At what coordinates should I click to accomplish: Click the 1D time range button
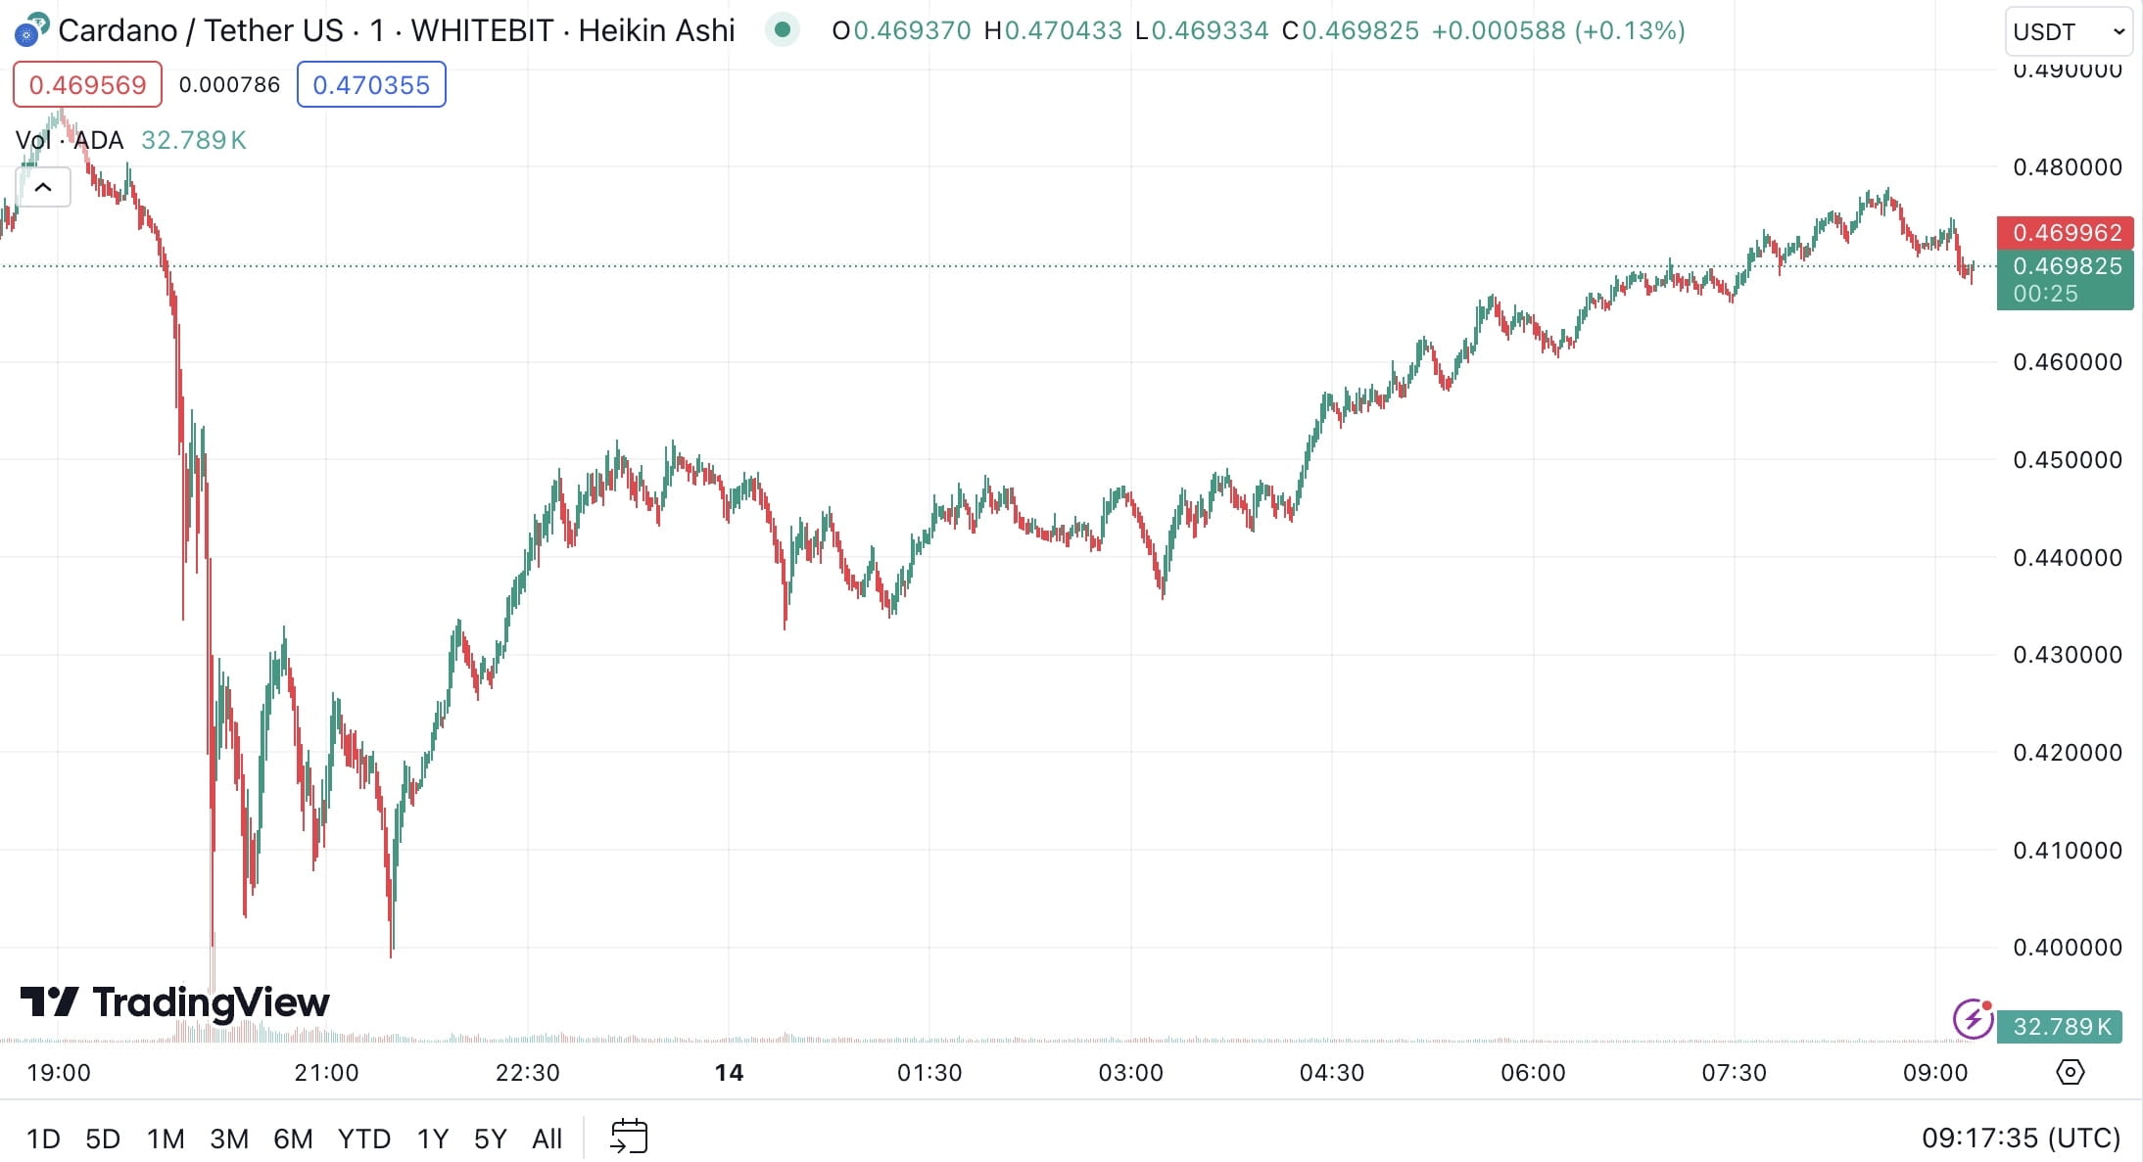point(43,1139)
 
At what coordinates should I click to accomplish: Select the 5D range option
point(103,1139)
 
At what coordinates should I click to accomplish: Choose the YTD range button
point(363,1139)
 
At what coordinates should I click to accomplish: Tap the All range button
point(547,1139)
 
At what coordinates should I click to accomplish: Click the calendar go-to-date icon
point(629,1137)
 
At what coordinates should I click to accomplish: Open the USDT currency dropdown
point(2068,31)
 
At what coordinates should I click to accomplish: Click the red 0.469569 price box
point(87,85)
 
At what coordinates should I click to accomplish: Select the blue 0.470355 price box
point(371,85)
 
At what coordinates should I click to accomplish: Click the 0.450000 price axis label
point(2067,460)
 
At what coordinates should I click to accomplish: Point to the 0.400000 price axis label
point(2067,948)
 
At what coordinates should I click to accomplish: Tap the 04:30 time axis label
point(1331,1073)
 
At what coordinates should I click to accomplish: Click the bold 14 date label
point(729,1073)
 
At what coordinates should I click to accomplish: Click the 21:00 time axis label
point(326,1073)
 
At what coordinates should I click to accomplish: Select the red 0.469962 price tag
point(2066,233)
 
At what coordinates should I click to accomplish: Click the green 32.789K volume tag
point(2060,1027)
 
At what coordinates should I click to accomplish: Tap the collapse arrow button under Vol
point(43,187)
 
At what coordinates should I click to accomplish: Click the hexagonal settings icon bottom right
point(2070,1072)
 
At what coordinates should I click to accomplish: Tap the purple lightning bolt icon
point(1973,1019)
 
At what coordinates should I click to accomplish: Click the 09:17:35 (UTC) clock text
point(2021,1139)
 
